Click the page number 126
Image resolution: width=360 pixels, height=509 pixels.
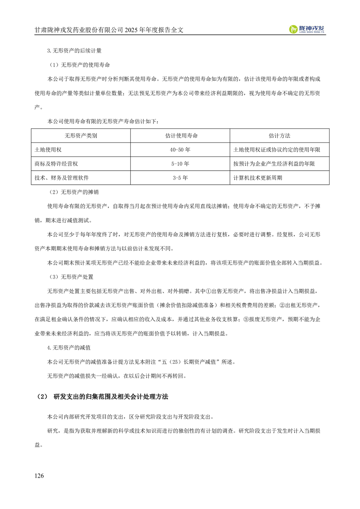[x=39, y=475]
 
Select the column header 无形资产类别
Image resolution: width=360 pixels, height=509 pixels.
[x=81, y=136]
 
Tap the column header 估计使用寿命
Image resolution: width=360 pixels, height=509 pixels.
[x=180, y=136]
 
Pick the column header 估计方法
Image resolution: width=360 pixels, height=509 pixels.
[x=279, y=136]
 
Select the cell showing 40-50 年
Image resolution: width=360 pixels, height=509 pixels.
[x=180, y=150]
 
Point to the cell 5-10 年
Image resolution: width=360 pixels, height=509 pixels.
[x=180, y=164]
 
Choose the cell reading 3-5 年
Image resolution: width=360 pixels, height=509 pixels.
[x=180, y=178]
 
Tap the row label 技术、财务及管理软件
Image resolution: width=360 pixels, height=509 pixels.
[x=64, y=178]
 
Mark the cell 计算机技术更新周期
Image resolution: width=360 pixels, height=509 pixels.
[x=257, y=178]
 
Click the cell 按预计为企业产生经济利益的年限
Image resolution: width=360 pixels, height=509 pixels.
[x=274, y=164]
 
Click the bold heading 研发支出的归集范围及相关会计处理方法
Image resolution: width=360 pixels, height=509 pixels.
[x=110, y=396]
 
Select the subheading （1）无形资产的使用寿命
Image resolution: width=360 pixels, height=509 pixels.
[x=79, y=65]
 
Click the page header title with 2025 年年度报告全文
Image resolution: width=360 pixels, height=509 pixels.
[x=112, y=30]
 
